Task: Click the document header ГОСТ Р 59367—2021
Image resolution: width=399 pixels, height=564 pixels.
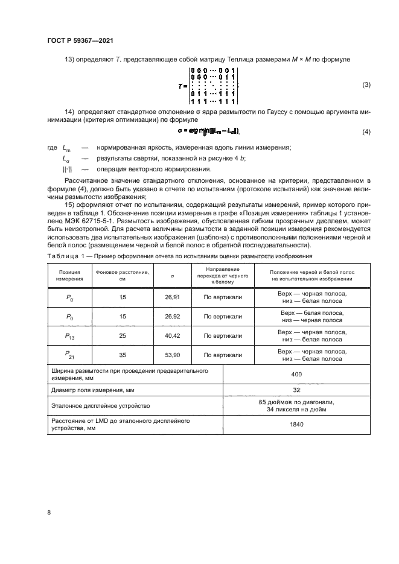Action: pos(80,41)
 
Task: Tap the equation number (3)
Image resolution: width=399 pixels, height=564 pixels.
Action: pos(366,85)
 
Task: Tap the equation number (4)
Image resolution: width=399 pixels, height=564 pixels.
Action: pos(366,131)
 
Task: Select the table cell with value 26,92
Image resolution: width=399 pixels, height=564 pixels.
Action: pos(172,316)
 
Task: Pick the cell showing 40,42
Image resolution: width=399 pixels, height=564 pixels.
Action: pos(172,335)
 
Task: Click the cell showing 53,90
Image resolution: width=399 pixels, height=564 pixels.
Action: pos(172,355)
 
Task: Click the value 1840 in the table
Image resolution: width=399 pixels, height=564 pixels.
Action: pos(296,425)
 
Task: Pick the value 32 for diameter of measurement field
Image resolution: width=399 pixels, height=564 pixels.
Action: pos(296,390)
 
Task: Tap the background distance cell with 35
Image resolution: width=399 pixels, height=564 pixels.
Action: pos(123,355)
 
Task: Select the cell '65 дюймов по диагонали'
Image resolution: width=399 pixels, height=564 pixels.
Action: pos(296,402)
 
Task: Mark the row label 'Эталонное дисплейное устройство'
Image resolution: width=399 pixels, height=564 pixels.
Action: pos(99,406)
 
